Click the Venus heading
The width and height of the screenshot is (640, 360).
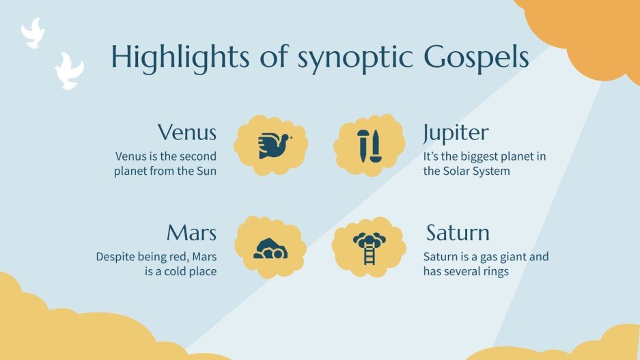coord(187,132)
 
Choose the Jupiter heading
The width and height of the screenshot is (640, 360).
coord(456,132)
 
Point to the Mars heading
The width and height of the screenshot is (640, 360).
coord(191,233)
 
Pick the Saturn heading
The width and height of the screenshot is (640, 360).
coord(458,233)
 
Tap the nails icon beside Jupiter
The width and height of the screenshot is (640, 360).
coord(370,144)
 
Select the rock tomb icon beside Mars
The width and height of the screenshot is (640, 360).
coord(270,247)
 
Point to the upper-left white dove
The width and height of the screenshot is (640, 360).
coord(32,32)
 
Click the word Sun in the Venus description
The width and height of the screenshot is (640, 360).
coord(205,171)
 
